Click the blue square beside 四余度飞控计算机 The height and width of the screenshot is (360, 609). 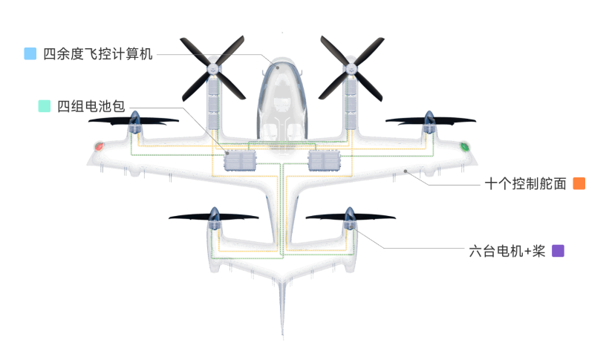[30, 53]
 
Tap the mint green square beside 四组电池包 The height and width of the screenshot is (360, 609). [44, 106]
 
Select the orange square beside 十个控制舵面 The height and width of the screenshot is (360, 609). [579, 183]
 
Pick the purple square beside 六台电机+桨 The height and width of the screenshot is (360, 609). [558, 251]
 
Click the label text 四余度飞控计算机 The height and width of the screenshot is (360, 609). [98, 53]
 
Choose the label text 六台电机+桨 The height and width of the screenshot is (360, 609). [507, 251]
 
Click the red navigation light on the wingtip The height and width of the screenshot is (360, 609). [99, 146]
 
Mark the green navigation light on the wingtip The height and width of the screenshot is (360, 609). [465, 146]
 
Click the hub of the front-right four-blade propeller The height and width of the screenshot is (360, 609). [351, 68]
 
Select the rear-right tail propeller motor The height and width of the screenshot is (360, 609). [350, 219]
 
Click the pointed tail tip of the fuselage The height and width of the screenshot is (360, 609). [282, 336]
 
